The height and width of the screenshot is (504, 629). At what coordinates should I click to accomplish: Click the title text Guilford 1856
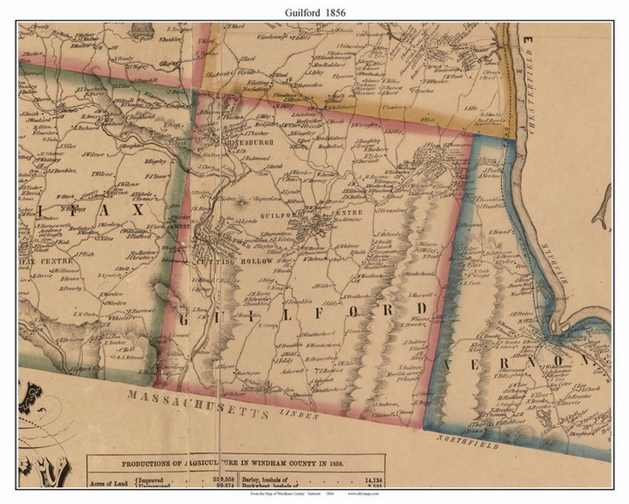[314, 12]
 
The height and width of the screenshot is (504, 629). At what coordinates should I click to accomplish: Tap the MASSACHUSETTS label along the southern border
[198, 404]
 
